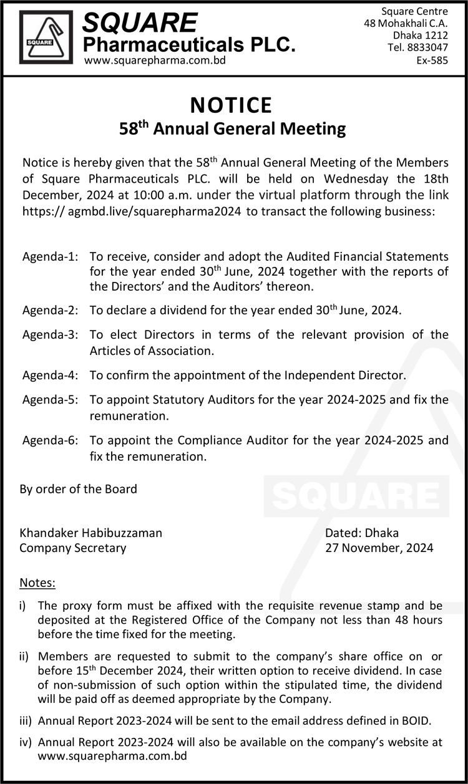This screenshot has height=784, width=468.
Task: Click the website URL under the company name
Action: coord(155,60)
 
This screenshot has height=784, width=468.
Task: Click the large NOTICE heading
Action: coord(232,105)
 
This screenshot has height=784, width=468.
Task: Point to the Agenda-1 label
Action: coord(51,256)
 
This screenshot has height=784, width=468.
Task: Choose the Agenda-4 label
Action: coord(51,375)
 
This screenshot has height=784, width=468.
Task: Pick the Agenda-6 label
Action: coord(51,440)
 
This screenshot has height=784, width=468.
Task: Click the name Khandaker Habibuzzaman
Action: coord(90,533)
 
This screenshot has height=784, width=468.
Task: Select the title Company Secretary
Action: coord(72,548)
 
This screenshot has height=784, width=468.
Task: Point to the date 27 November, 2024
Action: coord(379,548)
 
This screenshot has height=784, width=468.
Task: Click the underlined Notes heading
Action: coord(37,583)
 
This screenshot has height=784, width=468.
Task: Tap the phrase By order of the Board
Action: coord(78,489)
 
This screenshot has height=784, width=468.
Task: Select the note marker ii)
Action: coord(25,656)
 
